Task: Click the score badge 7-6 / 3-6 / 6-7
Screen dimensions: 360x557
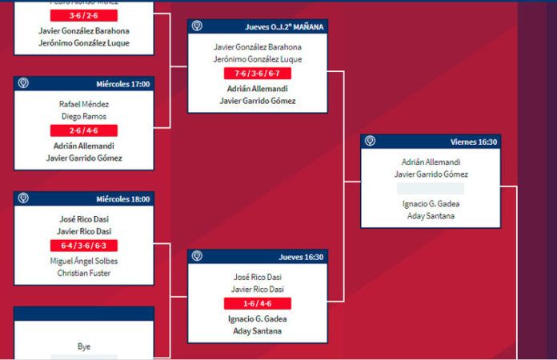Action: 258,73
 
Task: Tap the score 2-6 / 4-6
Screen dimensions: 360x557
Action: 84,130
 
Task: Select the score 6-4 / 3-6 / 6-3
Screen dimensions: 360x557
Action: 84,246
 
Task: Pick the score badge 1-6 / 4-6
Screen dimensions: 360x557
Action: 258,304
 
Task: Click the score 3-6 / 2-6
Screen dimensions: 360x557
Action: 84,15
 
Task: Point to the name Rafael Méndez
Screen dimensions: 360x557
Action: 84,104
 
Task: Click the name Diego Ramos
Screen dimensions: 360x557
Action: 84,117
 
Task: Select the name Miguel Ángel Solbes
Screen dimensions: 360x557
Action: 84,260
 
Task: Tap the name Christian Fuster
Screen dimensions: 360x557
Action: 84,273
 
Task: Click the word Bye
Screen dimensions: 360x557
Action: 84,346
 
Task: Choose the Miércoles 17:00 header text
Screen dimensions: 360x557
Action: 123,84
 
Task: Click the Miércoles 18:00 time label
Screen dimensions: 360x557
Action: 123,199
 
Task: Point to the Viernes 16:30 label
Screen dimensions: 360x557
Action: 474,142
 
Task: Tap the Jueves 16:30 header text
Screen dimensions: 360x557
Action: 301,257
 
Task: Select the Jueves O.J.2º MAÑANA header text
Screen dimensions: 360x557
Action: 284,26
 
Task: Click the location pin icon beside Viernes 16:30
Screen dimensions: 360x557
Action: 370,142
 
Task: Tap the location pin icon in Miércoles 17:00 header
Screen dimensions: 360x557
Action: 24,83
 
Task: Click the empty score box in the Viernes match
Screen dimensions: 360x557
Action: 431,189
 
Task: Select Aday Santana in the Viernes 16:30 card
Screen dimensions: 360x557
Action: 431,216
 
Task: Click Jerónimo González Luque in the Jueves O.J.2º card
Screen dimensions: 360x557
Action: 258,59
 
